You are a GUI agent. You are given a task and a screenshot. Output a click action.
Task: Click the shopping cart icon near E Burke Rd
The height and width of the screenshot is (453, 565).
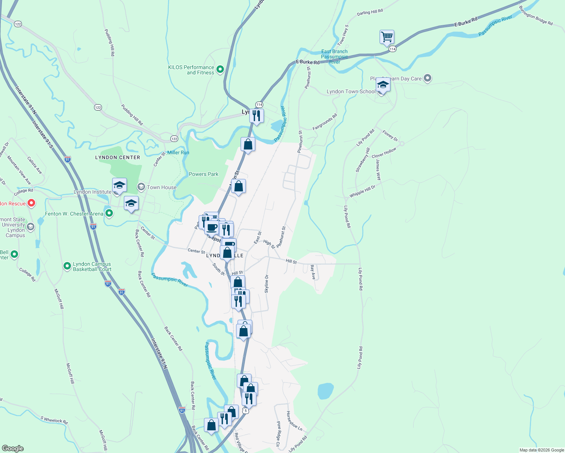click(387, 37)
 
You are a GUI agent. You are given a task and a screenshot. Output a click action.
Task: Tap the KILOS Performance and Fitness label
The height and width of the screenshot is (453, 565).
click(191, 70)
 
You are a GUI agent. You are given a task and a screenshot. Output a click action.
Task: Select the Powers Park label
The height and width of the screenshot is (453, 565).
click(204, 174)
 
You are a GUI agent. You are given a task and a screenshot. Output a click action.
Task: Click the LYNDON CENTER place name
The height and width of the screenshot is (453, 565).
click(117, 157)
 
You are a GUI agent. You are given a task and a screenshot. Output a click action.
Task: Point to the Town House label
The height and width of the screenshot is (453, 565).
click(162, 187)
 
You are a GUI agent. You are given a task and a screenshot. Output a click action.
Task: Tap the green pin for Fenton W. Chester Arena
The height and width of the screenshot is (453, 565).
click(109, 214)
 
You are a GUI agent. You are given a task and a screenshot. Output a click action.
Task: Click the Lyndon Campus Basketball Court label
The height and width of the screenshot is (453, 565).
click(92, 267)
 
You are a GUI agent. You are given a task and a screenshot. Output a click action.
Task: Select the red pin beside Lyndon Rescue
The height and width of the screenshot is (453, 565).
click(32, 203)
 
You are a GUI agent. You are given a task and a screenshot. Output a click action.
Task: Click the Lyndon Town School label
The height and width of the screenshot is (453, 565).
click(351, 91)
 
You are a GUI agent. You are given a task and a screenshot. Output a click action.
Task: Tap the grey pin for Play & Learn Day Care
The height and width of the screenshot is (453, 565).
click(428, 78)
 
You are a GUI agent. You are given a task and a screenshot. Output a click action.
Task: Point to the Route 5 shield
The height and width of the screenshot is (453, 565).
click(246, 411)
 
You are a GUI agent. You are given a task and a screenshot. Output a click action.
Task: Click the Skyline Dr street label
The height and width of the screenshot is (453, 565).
click(267, 284)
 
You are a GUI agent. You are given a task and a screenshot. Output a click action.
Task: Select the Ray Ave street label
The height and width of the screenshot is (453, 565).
click(313, 272)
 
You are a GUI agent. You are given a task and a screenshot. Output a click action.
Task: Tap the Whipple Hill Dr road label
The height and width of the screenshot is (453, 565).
click(362, 191)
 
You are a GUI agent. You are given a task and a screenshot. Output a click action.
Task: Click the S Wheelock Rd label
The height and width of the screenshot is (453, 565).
click(54, 419)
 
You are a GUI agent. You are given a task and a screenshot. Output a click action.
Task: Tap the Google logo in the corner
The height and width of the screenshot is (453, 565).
click(13, 448)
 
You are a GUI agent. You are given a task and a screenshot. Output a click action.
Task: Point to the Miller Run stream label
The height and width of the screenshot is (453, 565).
click(178, 153)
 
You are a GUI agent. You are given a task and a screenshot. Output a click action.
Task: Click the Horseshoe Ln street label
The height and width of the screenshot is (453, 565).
click(294, 421)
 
